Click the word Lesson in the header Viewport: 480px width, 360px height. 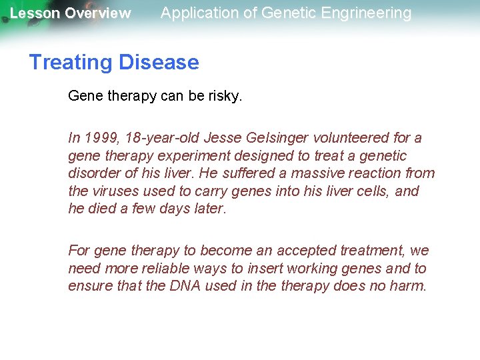click(35, 13)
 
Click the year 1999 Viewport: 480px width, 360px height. click(98, 138)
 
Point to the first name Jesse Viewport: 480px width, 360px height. click(223, 138)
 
